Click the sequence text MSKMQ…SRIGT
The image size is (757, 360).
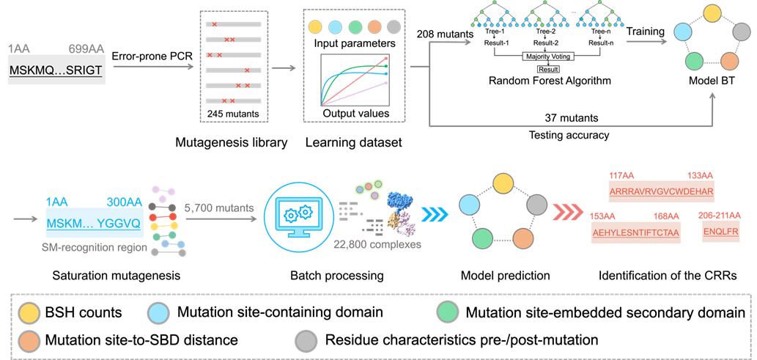click(x=56, y=71)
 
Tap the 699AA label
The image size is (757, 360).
click(x=86, y=49)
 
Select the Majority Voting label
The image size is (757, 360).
click(x=547, y=56)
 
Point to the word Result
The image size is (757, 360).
click(x=548, y=70)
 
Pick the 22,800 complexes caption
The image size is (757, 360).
click(x=377, y=244)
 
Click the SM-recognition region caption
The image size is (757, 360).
click(x=95, y=249)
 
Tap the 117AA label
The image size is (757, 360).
click(x=621, y=175)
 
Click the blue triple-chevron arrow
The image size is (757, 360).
click(x=437, y=214)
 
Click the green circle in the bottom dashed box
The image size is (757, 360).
click(x=447, y=312)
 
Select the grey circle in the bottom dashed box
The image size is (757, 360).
click(x=306, y=341)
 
